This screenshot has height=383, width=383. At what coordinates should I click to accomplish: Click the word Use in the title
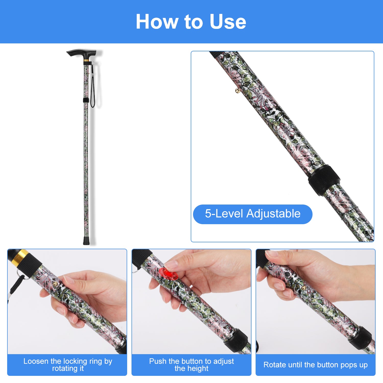(228, 22)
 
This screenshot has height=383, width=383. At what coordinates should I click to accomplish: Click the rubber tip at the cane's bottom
(86, 241)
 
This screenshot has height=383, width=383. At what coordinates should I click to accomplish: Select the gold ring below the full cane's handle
(87, 61)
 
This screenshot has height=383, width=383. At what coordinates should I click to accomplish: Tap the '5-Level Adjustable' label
(253, 214)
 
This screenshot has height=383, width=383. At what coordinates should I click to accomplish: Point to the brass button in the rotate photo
(303, 288)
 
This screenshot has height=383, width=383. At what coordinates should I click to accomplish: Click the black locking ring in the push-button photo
(237, 340)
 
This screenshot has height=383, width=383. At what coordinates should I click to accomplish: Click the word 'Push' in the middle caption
(158, 361)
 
